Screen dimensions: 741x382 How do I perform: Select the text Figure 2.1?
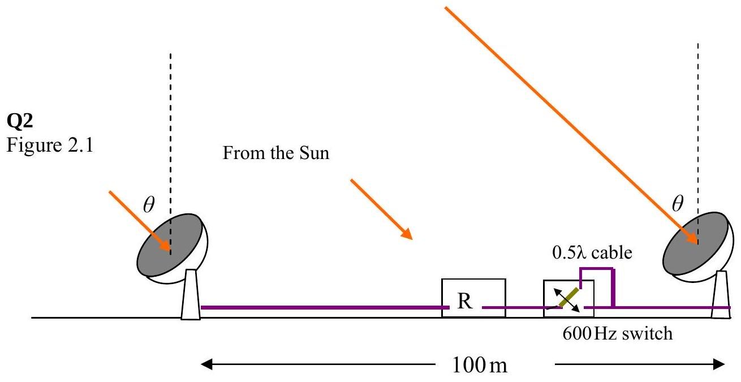(x=50, y=145)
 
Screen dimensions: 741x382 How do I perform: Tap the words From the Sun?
(x=276, y=153)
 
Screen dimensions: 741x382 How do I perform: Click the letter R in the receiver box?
(x=465, y=301)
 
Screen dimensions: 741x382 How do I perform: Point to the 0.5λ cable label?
(x=592, y=252)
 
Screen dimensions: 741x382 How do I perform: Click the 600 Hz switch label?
(x=618, y=333)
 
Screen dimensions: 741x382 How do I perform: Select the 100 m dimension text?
(x=479, y=365)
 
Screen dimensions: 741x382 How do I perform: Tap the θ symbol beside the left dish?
(x=149, y=204)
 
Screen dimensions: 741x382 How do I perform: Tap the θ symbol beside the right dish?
(x=678, y=203)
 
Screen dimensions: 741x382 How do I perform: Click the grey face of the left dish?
(x=170, y=245)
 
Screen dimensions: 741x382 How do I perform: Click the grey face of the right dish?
(x=696, y=243)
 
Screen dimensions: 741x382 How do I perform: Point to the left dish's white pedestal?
(x=191, y=295)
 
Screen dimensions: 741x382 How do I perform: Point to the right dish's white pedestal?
(x=721, y=295)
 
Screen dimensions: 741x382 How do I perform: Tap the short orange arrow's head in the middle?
(x=407, y=233)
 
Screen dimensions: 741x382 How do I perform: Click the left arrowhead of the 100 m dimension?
(x=206, y=364)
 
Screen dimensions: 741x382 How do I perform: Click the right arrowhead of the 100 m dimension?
(x=719, y=364)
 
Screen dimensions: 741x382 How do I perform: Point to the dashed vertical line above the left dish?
(x=171, y=154)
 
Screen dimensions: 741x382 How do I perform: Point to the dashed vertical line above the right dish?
(x=698, y=144)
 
